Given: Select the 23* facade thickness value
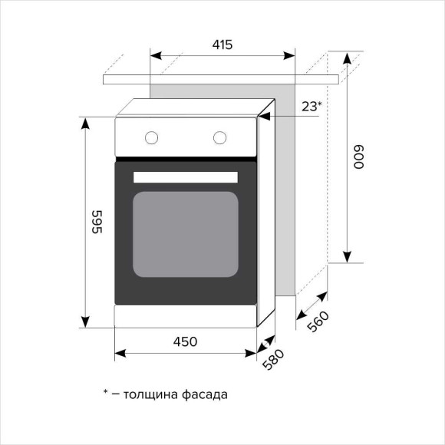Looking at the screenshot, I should tap(311, 107).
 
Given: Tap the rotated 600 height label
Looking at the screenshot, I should tap(358, 158).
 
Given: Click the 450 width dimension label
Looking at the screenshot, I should tap(185, 341).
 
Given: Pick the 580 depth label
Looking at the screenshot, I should tap(275, 360).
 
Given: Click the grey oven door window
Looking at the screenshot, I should tap(186, 234).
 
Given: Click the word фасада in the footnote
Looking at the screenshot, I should tap(206, 395).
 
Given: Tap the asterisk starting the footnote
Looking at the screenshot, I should tap(106, 393).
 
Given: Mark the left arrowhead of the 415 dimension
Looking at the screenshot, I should tap(154, 55).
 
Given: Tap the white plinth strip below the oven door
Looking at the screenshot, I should tap(185, 315).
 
